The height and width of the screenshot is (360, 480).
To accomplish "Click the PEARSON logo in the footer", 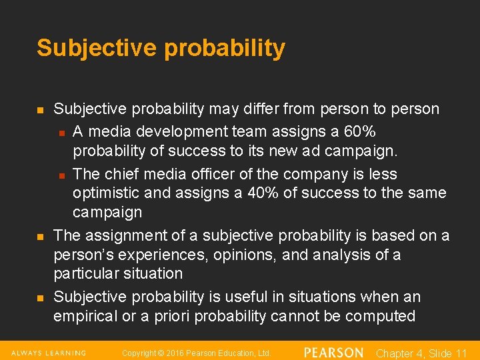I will [333, 352].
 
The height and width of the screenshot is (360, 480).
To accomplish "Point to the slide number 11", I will [460, 353].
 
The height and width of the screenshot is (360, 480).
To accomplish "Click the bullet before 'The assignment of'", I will [41, 237].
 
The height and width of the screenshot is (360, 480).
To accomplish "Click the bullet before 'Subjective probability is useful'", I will [41, 297].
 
